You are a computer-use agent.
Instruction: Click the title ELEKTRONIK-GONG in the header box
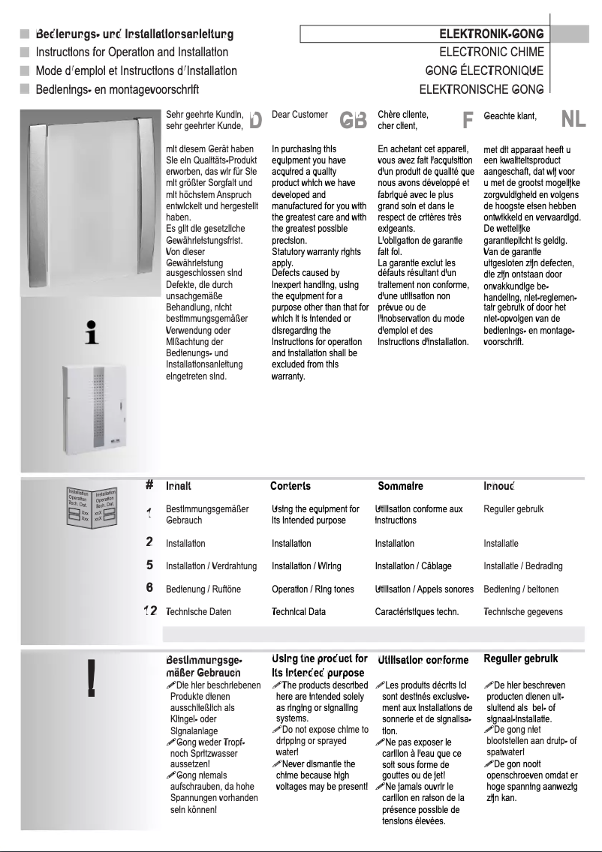[x=491, y=34]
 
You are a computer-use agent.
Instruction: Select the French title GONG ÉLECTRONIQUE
[x=484, y=71]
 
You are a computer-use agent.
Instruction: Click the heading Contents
[x=290, y=486]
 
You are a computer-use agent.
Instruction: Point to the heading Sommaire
[x=400, y=486]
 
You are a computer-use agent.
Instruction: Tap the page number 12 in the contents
[x=150, y=611]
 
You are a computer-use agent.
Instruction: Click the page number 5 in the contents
[x=150, y=564]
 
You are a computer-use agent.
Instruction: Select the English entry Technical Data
[x=298, y=612]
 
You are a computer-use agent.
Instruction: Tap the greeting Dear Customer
[x=299, y=115]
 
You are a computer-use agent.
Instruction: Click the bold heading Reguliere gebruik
[x=520, y=659]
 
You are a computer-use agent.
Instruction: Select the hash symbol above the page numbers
[x=150, y=485]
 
